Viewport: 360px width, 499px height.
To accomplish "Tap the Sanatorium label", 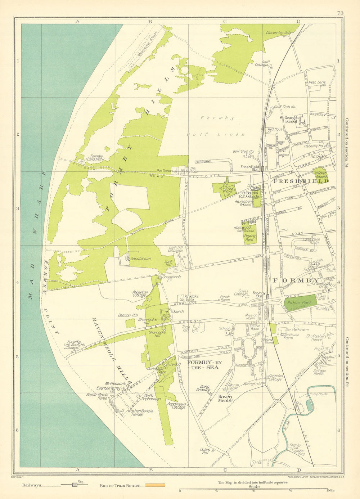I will (x=141, y=259).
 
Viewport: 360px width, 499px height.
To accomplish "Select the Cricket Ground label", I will (x=320, y=175).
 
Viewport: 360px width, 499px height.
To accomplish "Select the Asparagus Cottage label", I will (x=176, y=406).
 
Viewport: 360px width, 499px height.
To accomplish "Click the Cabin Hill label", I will (x=205, y=451).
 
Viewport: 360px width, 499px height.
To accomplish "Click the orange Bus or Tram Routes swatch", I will (x=155, y=485).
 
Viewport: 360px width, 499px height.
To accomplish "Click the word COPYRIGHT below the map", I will (x=18, y=477).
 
